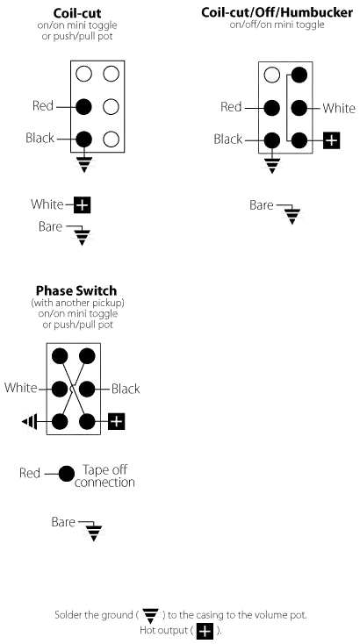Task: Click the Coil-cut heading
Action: click(x=77, y=14)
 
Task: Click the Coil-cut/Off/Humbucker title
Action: click(x=277, y=12)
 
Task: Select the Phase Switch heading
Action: click(x=76, y=290)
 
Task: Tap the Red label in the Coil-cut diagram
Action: click(x=43, y=106)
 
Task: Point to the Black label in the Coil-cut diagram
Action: click(x=40, y=138)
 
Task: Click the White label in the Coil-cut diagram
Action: click(x=47, y=204)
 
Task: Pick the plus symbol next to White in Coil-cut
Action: click(x=83, y=205)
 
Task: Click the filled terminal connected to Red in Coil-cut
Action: click(x=83, y=107)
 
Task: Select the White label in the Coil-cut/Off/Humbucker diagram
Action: click(x=339, y=109)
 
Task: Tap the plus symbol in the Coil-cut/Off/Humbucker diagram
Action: click(x=331, y=140)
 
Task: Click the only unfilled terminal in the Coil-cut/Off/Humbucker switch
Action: click(x=271, y=75)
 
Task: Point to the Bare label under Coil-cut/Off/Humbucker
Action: click(x=262, y=205)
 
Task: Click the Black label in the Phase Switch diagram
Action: click(x=126, y=389)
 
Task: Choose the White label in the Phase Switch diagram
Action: click(x=20, y=388)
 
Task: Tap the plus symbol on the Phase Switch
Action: click(x=117, y=421)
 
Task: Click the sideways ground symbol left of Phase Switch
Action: click(x=29, y=421)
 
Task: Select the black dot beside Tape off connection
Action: click(x=67, y=474)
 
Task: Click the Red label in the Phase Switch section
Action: click(x=30, y=473)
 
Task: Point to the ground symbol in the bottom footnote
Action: click(x=151, y=616)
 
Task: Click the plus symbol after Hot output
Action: click(x=205, y=631)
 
